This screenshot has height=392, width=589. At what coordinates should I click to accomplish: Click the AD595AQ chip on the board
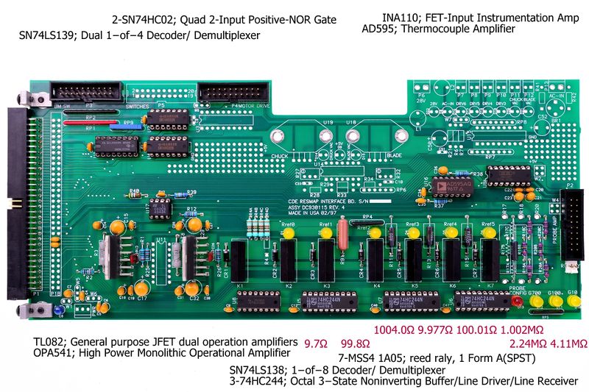pos(448,187)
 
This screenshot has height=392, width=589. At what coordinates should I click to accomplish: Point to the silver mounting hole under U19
pos(325,137)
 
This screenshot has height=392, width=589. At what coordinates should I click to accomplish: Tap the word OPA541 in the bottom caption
pos(52,354)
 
